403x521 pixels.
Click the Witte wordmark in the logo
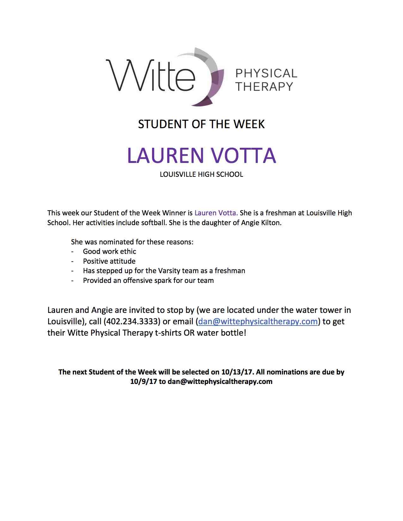(x=150, y=76)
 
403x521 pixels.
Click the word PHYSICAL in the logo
(x=266, y=74)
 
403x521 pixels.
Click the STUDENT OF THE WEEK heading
(x=201, y=124)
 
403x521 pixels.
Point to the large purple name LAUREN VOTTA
(x=201, y=155)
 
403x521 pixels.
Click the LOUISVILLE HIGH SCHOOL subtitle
(x=201, y=174)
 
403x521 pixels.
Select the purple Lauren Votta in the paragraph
(x=216, y=213)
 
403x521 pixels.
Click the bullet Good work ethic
(x=109, y=251)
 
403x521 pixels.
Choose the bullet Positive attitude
(x=109, y=261)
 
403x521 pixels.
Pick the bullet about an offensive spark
(x=148, y=280)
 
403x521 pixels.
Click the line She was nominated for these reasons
(x=132, y=242)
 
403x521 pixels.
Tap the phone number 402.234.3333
(x=132, y=321)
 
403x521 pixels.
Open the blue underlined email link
(x=258, y=321)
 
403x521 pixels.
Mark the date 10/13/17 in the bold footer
(x=234, y=372)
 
